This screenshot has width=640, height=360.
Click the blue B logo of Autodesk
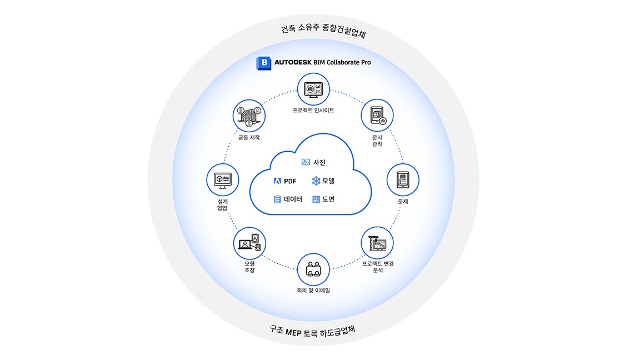(x=264, y=63)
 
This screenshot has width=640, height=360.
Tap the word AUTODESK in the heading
(x=293, y=62)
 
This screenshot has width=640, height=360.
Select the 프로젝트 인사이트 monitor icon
(x=313, y=89)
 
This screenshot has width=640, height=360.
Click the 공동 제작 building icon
(x=249, y=116)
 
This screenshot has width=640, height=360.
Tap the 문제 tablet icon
(x=403, y=179)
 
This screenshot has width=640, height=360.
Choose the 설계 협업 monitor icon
(x=223, y=180)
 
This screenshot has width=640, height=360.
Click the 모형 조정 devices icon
(x=249, y=243)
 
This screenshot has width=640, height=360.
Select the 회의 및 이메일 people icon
(x=313, y=269)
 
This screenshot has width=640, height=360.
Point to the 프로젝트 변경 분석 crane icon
(x=377, y=243)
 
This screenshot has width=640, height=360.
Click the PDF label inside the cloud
(x=290, y=181)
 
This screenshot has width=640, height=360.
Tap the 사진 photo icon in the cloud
(x=306, y=162)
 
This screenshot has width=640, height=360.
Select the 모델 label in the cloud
(x=328, y=181)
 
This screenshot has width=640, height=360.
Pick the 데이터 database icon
(x=277, y=199)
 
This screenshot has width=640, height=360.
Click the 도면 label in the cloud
(x=328, y=199)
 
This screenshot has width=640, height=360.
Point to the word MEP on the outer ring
(x=293, y=332)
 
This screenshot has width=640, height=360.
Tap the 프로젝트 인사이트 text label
(x=313, y=110)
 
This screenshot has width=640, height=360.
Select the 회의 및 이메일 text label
(x=313, y=291)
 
